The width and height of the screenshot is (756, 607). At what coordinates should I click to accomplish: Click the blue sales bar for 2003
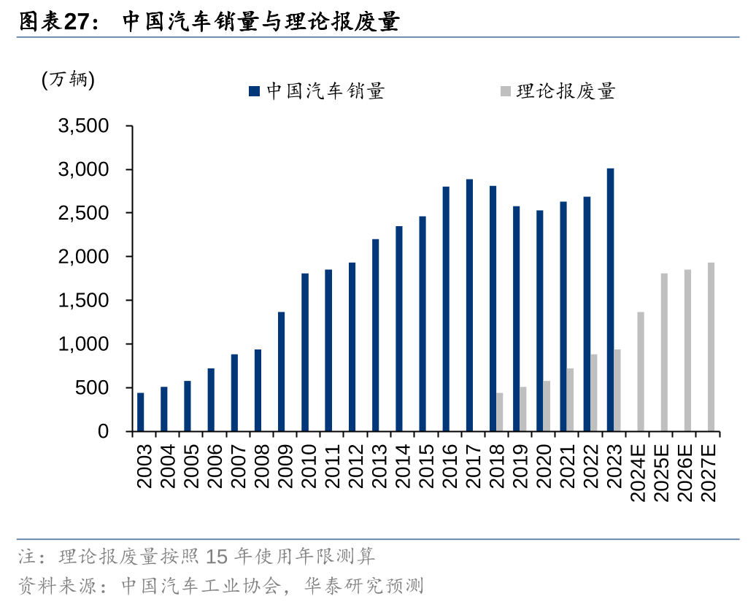tap(141, 412)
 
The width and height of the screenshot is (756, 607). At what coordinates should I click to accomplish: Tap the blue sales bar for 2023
tap(610, 300)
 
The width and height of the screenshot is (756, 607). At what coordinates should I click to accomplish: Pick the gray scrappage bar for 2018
tap(500, 412)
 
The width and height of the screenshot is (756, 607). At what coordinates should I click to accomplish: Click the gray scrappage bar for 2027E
tap(711, 347)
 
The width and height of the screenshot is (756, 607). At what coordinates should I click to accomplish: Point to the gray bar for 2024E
tap(641, 371)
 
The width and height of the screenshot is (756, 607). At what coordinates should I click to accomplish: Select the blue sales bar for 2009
tap(282, 371)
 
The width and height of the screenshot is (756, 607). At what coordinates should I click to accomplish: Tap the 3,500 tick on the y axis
tap(83, 126)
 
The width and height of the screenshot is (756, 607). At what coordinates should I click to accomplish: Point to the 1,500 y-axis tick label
tap(83, 301)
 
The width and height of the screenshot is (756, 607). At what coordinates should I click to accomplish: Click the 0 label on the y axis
tap(103, 431)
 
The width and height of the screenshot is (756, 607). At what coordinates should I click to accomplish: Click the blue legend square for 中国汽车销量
tap(254, 91)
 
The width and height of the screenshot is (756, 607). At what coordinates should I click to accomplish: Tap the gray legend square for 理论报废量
tap(505, 91)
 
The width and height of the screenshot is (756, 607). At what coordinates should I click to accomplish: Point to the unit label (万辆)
tap(69, 80)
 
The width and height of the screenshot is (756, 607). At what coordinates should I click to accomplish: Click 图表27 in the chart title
tap(55, 22)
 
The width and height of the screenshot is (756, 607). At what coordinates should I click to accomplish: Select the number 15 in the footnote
tap(217, 557)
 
